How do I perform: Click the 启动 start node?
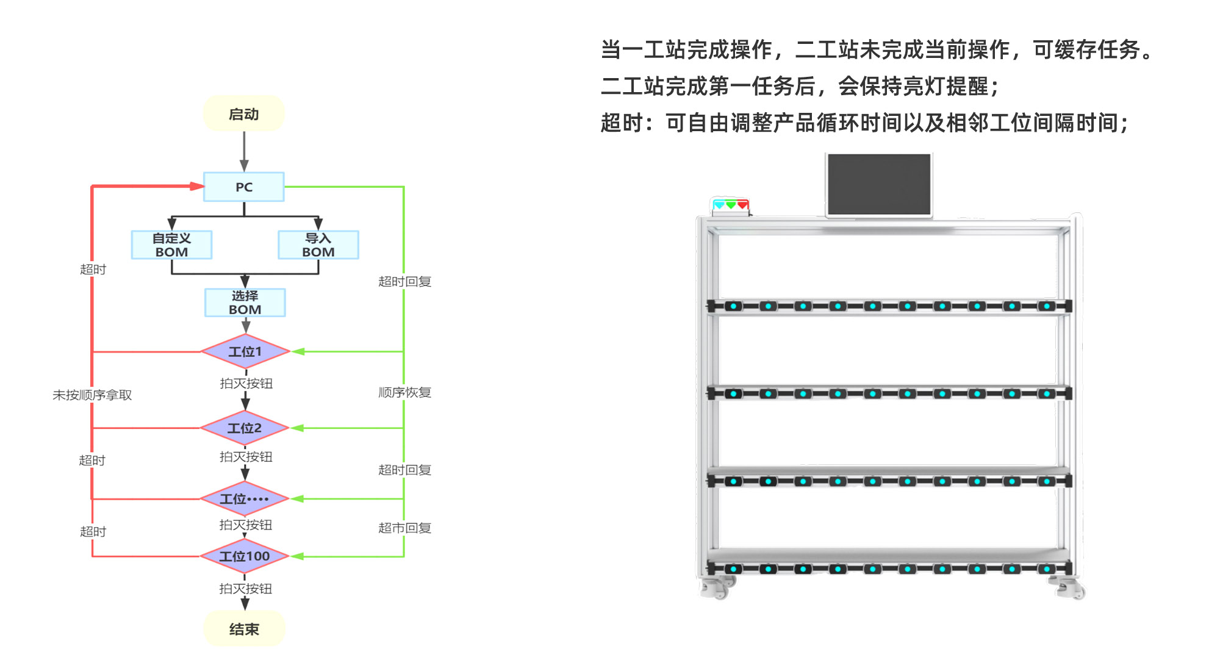244,114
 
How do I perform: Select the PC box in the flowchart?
244,187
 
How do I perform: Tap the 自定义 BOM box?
171,245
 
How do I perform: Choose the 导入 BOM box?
318,245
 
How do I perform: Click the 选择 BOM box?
245,303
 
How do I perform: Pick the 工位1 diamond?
245,351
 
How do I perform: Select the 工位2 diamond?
244,428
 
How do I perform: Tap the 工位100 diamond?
244,556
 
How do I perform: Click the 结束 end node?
244,629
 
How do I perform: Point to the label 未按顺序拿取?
92,395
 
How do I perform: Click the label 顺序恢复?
404,392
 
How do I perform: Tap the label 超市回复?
404,528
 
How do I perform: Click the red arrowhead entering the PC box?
197,186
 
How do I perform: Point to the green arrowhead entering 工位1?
298,351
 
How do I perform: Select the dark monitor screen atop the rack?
879,184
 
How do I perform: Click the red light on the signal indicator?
742,205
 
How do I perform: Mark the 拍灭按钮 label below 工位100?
245,589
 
